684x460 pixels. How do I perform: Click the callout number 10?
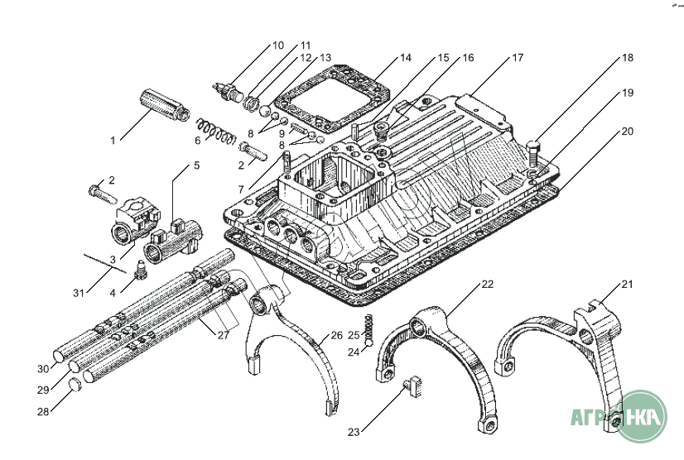(x=277, y=46)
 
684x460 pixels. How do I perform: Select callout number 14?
(x=405, y=58)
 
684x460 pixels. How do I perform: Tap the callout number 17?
(x=518, y=58)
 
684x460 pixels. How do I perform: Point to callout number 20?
(x=627, y=131)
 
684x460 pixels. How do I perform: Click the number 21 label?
(x=627, y=285)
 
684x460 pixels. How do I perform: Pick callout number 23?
(x=354, y=432)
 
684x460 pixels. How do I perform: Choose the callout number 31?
(x=79, y=293)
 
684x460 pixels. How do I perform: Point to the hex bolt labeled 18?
(x=533, y=153)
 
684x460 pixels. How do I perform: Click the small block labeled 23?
(x=415, y=385)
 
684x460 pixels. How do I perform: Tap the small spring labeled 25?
(x=371, y=327)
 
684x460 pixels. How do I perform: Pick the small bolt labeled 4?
(x=140, y=268)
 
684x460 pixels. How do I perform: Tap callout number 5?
(x=196, y=165)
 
